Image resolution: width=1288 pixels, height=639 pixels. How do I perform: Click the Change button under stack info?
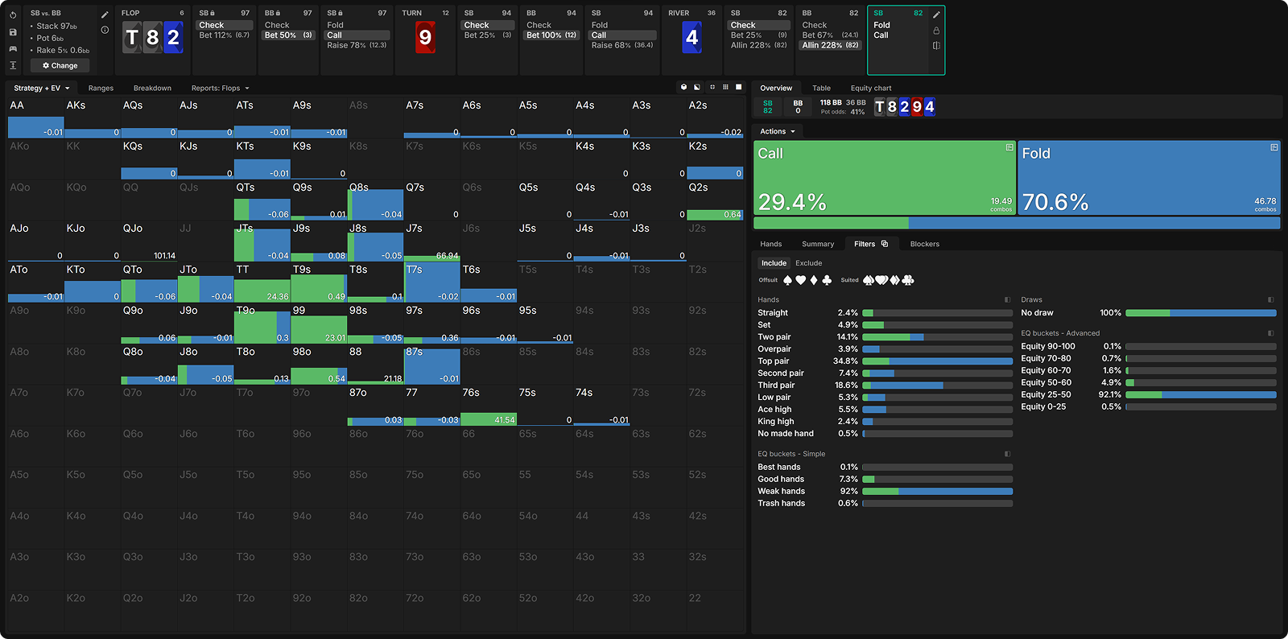click(x=60, y=65)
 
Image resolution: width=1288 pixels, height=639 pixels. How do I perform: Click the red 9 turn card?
click(x=425, y=37)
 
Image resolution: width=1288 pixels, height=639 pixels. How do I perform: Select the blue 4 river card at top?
click(x=691, y=37)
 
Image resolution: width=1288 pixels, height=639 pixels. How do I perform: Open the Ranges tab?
click(x=101, y=88)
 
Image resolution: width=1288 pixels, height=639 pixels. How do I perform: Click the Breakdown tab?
click(x=152, y=88)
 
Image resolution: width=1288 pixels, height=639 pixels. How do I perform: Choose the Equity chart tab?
click(x=870, y=88)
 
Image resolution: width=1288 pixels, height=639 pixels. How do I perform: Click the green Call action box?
click(x=884, y=178)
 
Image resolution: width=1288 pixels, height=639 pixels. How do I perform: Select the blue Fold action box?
click(x=1149, y=178)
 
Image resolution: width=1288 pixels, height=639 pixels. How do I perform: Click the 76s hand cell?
click(x=488, y=406)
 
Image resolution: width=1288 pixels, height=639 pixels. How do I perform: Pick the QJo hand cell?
click(x=149, y=241)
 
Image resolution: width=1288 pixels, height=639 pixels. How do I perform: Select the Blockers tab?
click(x=924, y=244)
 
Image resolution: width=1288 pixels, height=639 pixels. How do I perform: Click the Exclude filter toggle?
click(x=808, y=263)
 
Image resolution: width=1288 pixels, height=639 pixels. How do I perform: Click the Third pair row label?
click(x=775, y=385)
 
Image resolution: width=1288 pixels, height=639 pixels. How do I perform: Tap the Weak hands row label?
click(x=781, y=491)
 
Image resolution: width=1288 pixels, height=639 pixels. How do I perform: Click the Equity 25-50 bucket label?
click(x=1046, y=394)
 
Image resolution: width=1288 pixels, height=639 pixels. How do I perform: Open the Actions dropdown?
click(x=777, y=131)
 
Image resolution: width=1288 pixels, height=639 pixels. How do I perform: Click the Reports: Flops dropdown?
click(x=220, y=88)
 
